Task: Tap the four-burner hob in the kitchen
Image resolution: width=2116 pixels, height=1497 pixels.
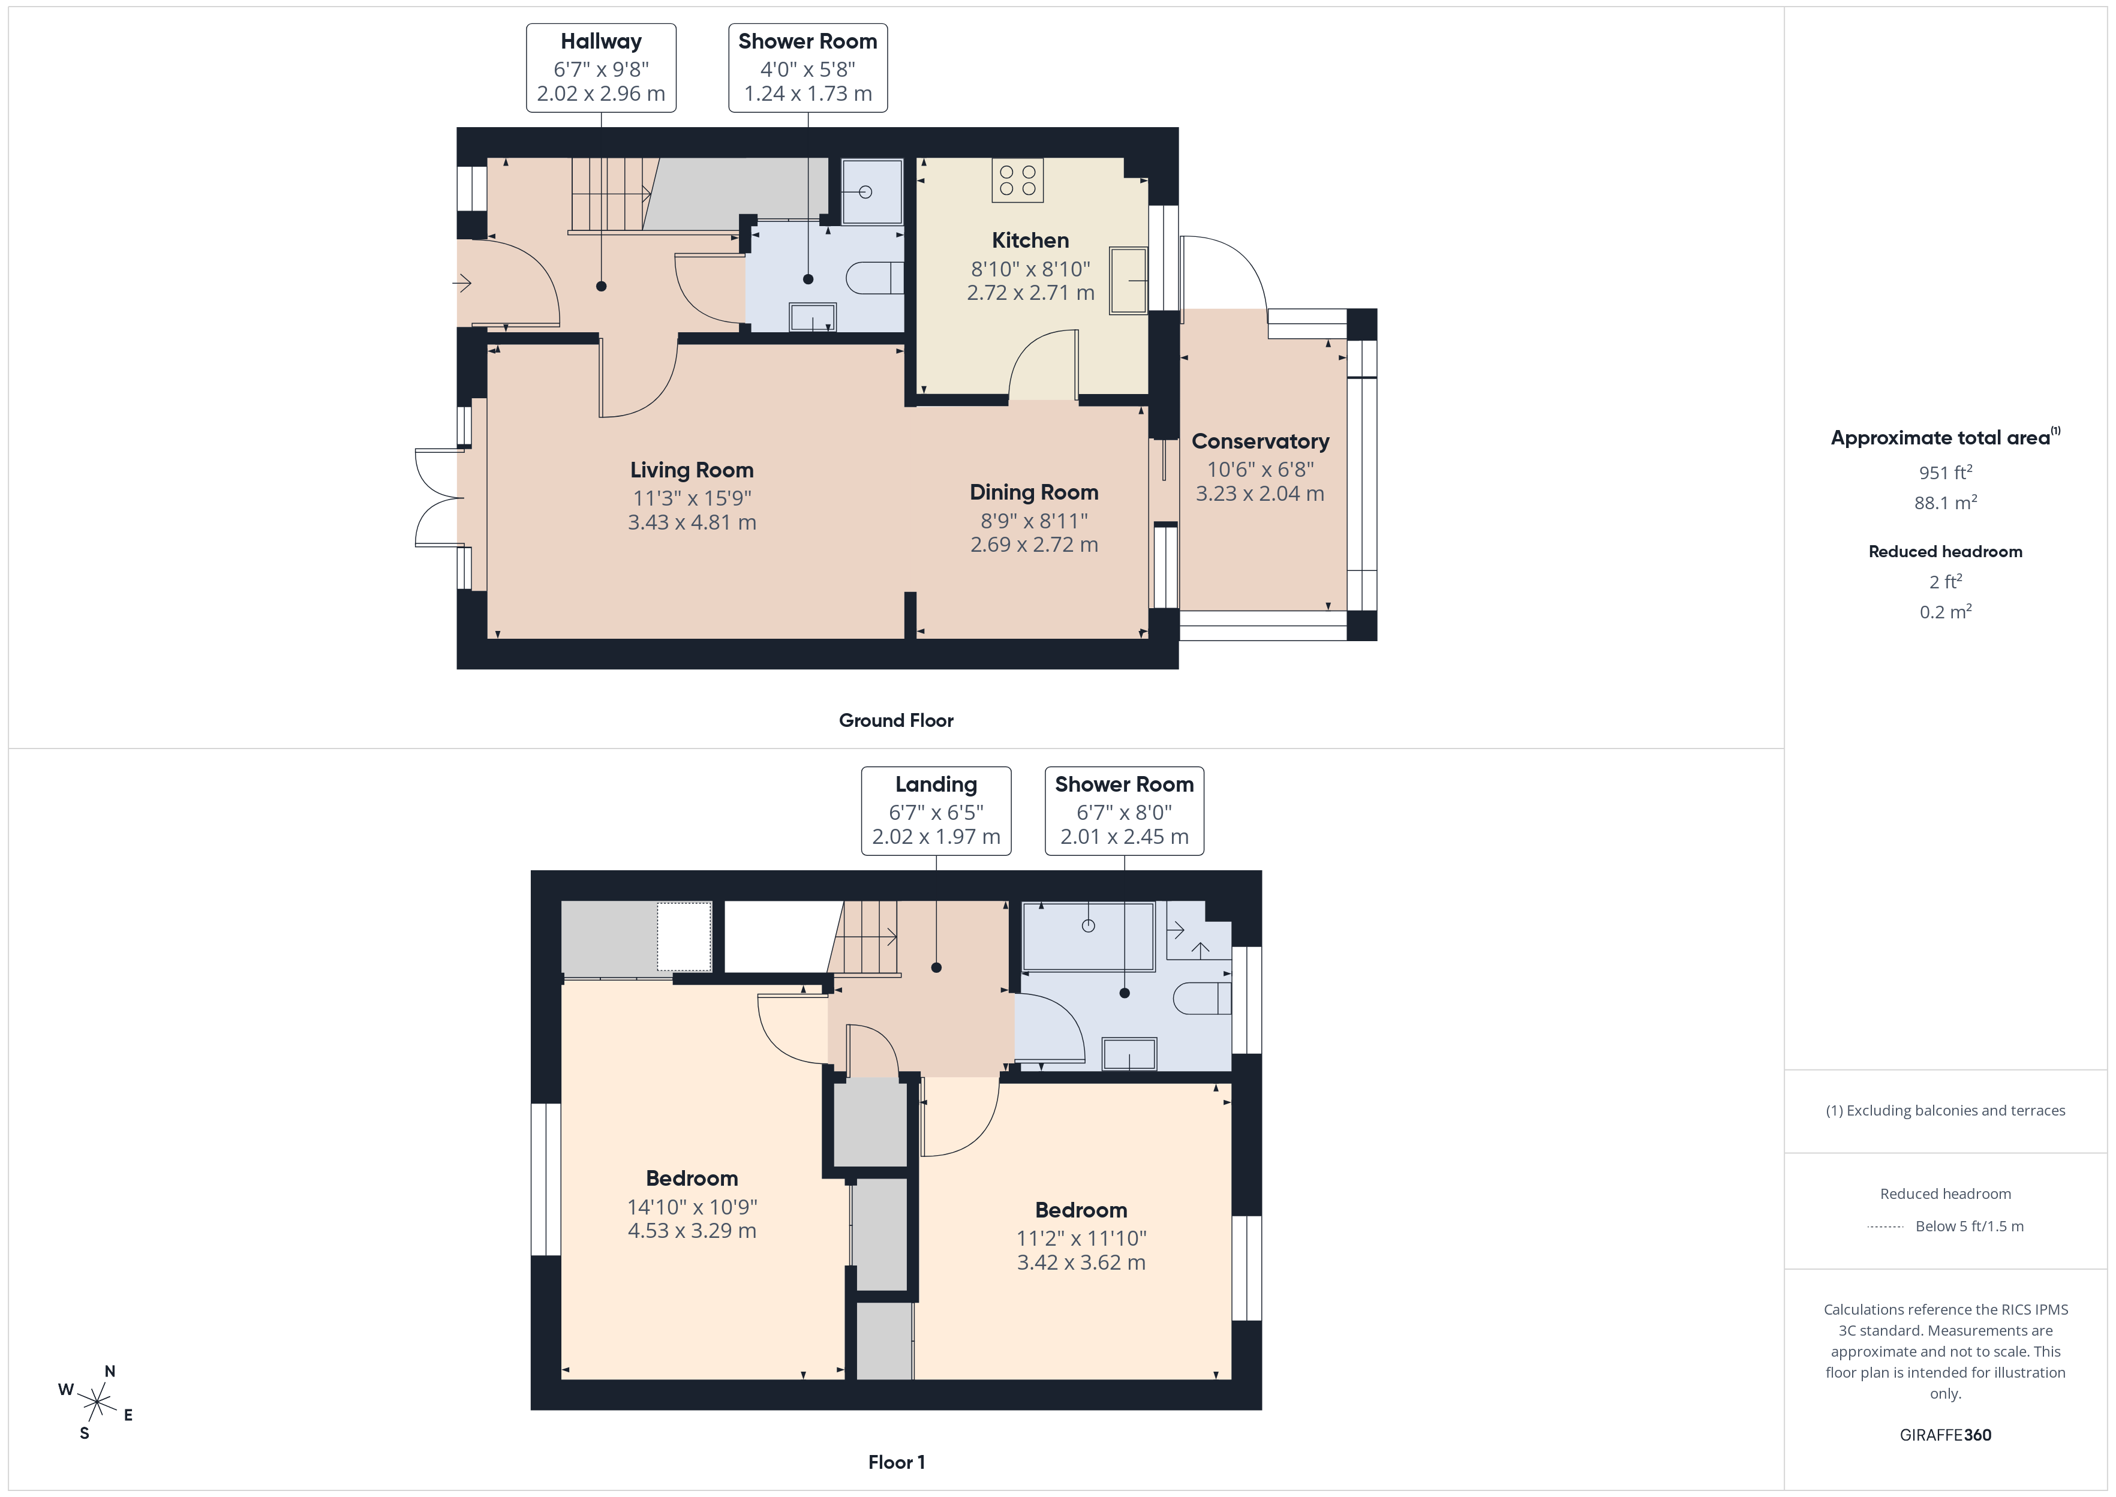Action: click(x=1017, y=181)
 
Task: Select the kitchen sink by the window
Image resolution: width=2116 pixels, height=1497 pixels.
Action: click(x=1128, y=280)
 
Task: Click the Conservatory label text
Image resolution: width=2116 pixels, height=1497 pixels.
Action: click(x=1260, y=441)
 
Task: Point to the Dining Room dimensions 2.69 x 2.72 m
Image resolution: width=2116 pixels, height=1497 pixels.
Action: click(x=1033, y=545)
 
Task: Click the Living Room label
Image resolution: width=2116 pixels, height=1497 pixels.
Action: click(x=691, y=470)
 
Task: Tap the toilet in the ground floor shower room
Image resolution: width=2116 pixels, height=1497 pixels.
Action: click(x=874, y=278)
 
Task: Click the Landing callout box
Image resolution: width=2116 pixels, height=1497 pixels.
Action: click(x=936, y=810)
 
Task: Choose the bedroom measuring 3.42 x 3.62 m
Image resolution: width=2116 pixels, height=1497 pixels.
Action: click(x=1080, y=1236)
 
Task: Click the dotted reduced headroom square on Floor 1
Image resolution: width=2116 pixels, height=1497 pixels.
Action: click(x=684, y=937)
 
